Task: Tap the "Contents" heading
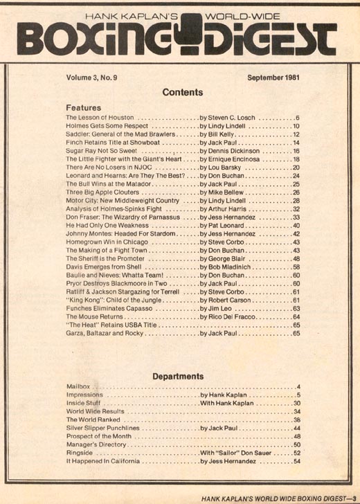(x=183, y=91)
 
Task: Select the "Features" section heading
(x=84, y=108)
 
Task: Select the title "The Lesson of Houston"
(x=100, y=118)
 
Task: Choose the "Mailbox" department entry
(x=79, y=386)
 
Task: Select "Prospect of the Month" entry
(x=102, y=437)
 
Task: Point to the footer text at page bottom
(x=272, y=496)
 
